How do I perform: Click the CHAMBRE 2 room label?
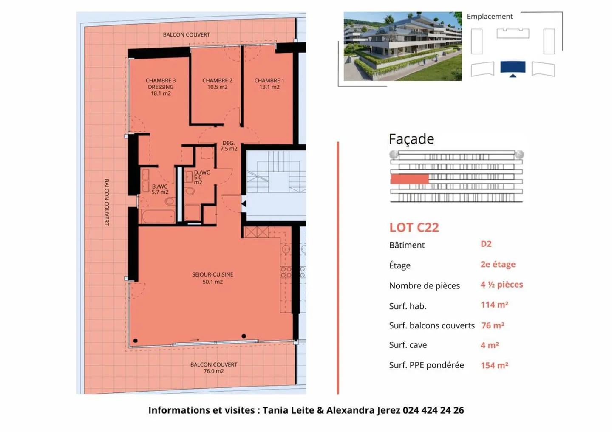tap(217, 84)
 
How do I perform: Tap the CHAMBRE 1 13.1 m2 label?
tap(269, 84)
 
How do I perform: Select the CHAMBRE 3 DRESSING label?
tap(161, 87)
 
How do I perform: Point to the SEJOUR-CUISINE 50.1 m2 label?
tap(212, 278)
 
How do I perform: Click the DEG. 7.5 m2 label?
tap(229, 146)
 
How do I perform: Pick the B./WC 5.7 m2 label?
tap(160, 189)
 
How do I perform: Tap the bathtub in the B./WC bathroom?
tap(158, 216)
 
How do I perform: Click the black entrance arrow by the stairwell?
tap(244, 204)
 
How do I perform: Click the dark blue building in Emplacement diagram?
tap(513, 67)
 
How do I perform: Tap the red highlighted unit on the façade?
tap(409, 179)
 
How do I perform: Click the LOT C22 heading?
tap(414, 228)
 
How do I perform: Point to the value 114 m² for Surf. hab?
tap(494, 305)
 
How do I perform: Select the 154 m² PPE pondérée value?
tap(494, 365)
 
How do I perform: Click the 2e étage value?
tap(498, 264)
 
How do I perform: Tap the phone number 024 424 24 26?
tap(433, 410)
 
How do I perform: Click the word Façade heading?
tap(411, 139)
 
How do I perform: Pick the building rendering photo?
tap(402, 46)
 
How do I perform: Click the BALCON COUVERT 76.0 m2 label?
tap(213, 368)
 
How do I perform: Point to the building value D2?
tap(486, 244)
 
